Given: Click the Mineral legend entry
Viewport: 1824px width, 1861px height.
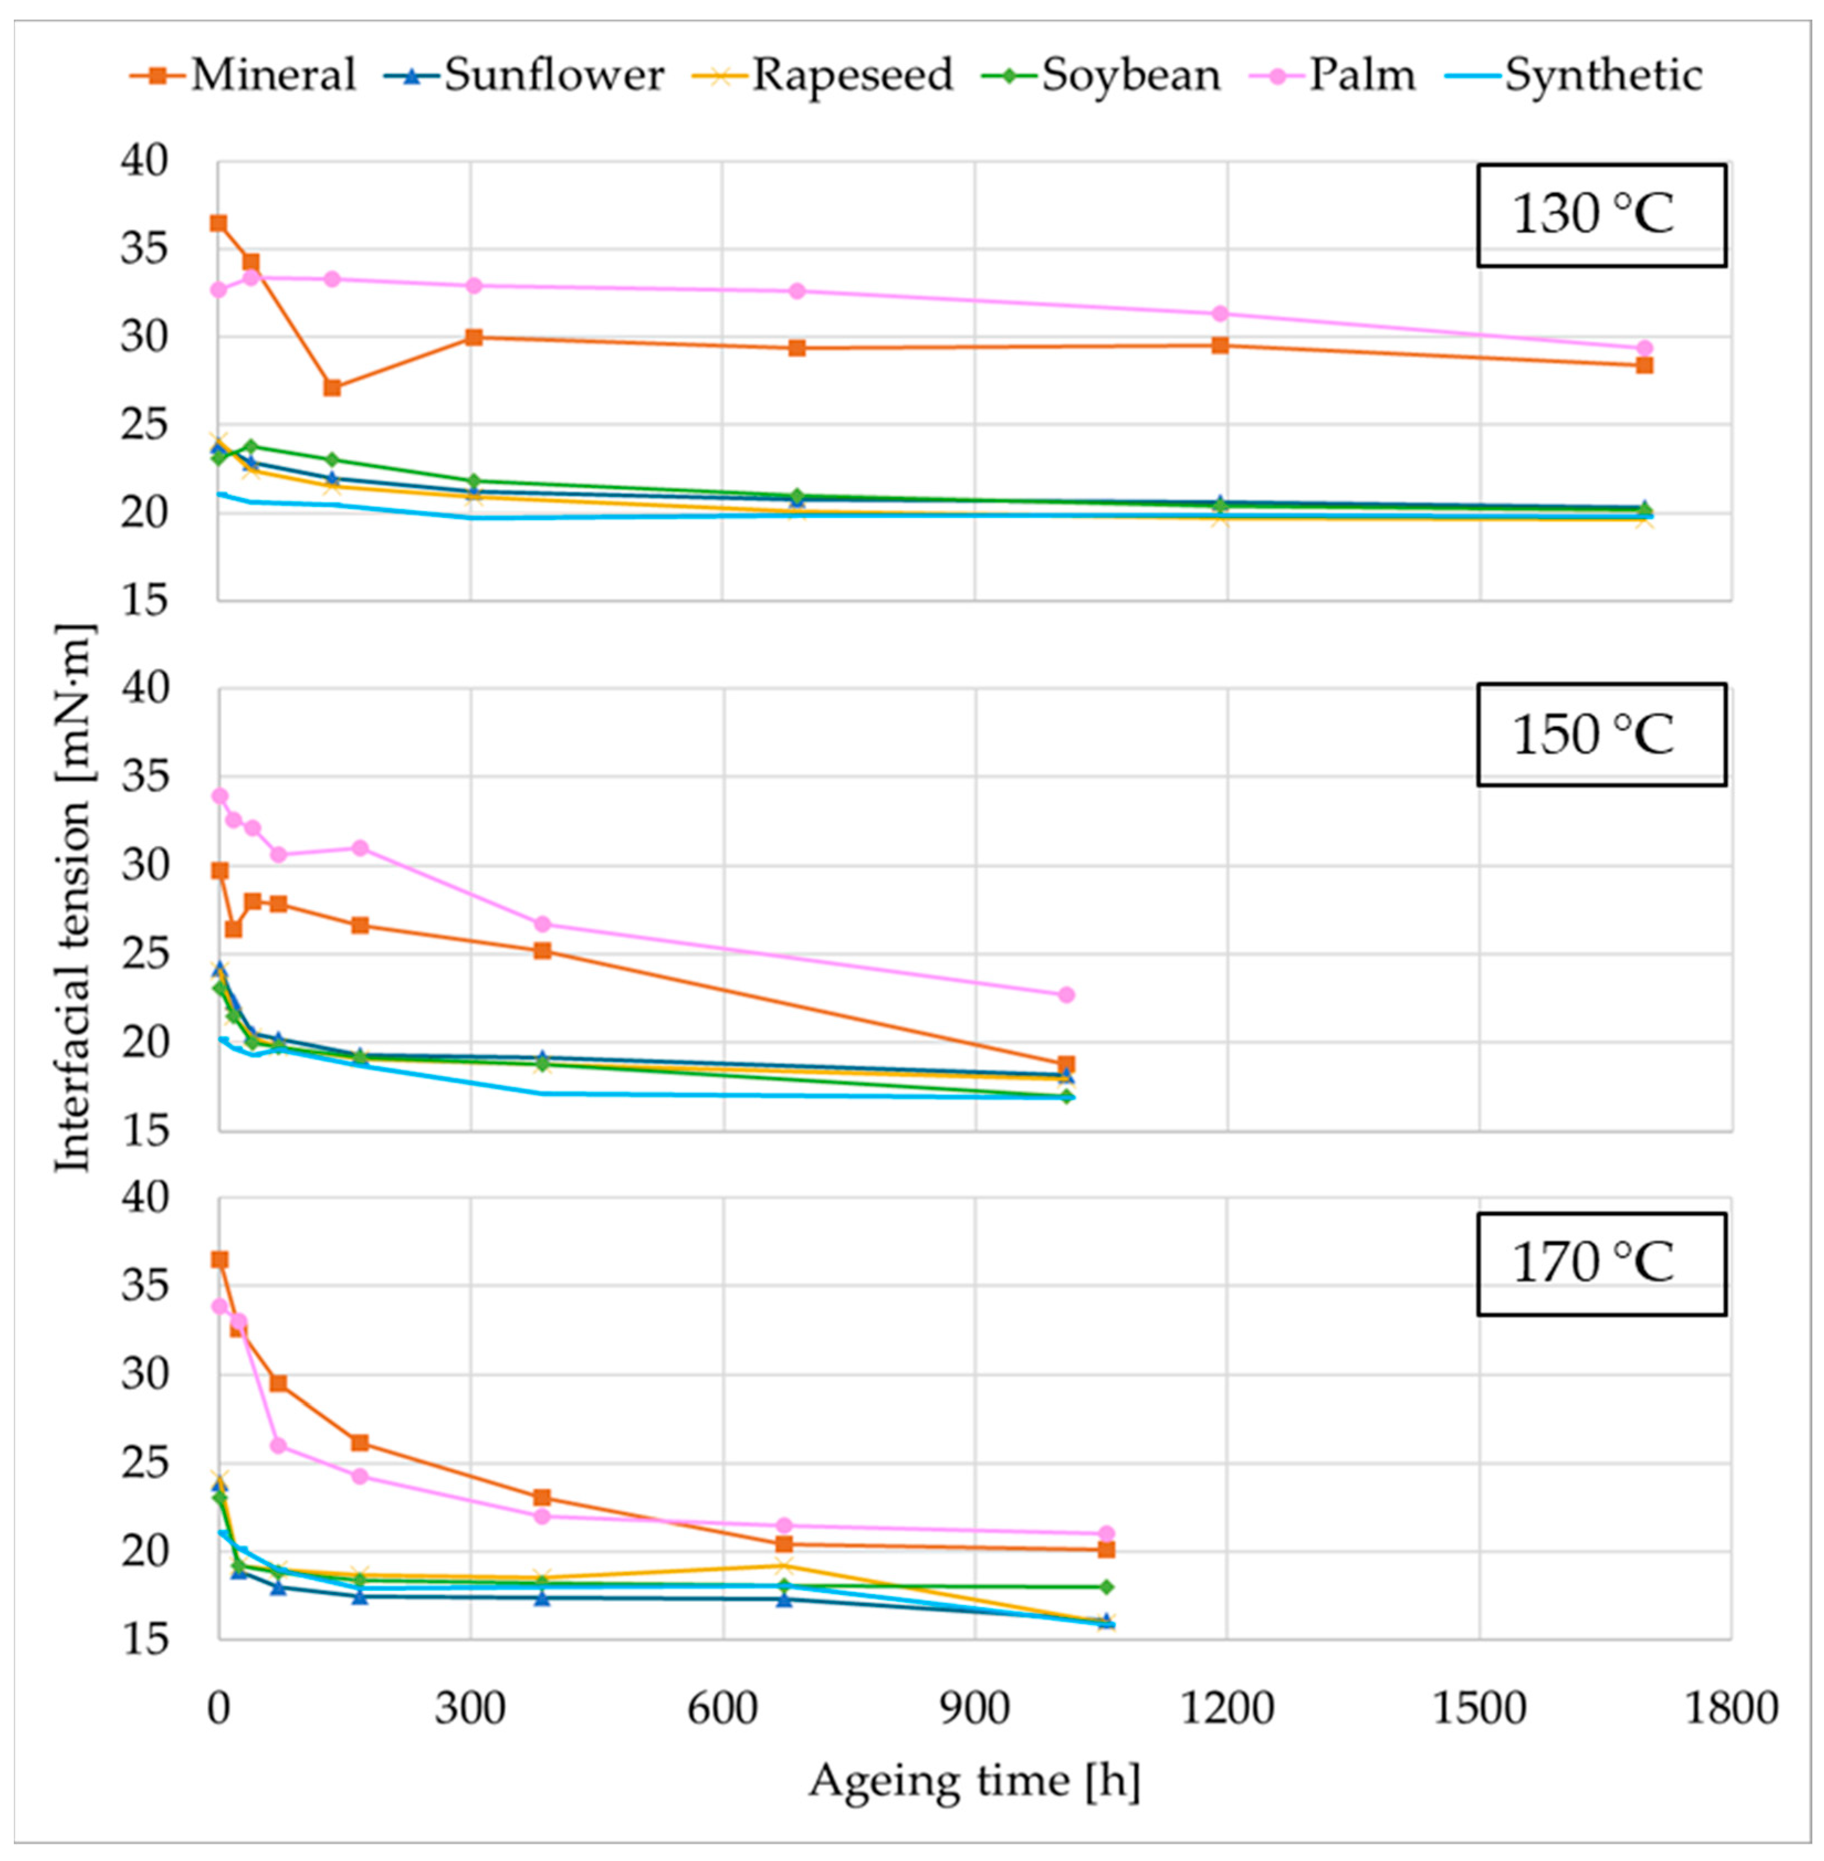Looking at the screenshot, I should tap(244, 75).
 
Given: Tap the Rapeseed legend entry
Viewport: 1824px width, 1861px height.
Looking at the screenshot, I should tap(824, 75).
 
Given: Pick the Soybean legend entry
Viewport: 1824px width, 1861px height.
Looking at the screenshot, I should tap(1102, 75).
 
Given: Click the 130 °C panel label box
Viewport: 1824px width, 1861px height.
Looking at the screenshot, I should tap(1601, 214).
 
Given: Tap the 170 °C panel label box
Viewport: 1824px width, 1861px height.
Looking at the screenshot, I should tap(1601, 1263).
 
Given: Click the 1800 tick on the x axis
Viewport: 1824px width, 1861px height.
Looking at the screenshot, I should tap(1730, 1708).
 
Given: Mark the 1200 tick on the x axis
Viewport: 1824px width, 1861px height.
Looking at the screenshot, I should tap(1226, 1708).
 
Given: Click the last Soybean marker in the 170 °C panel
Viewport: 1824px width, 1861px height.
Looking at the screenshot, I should tap(1106, 1587).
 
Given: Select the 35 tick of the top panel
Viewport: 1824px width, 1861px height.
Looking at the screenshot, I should tap(144, 249).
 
